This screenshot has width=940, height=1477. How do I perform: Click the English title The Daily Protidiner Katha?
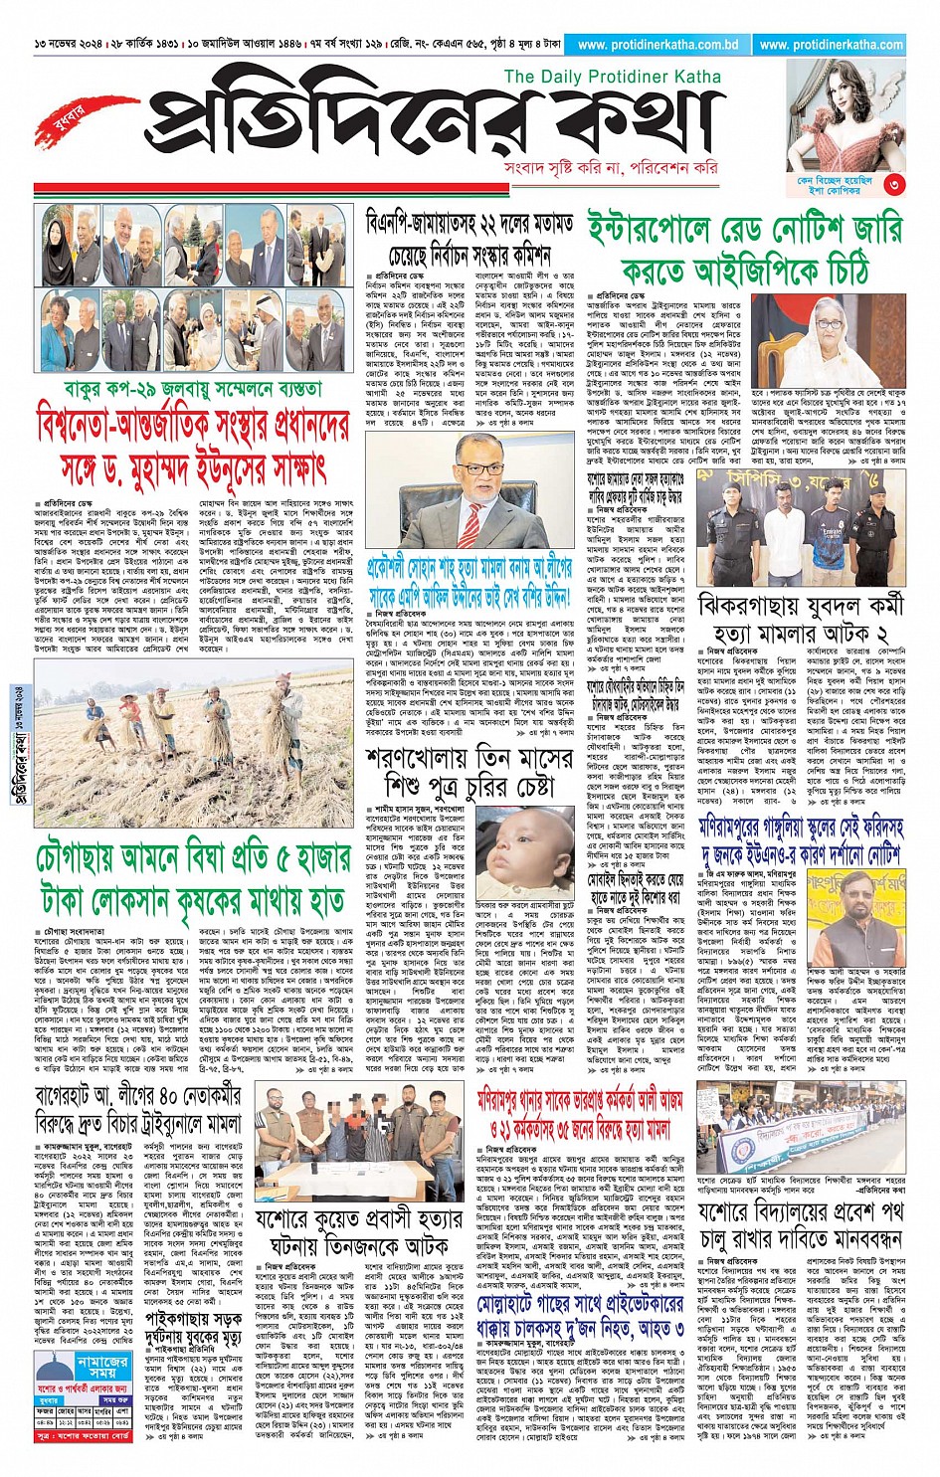pyautogui.click(x=613, y=77)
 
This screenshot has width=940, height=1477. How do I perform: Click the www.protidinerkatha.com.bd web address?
pyautogui.click(x=658, y=45)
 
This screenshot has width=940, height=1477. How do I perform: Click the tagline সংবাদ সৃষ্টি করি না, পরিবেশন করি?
pyautogui.click(x=611, y=167)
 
